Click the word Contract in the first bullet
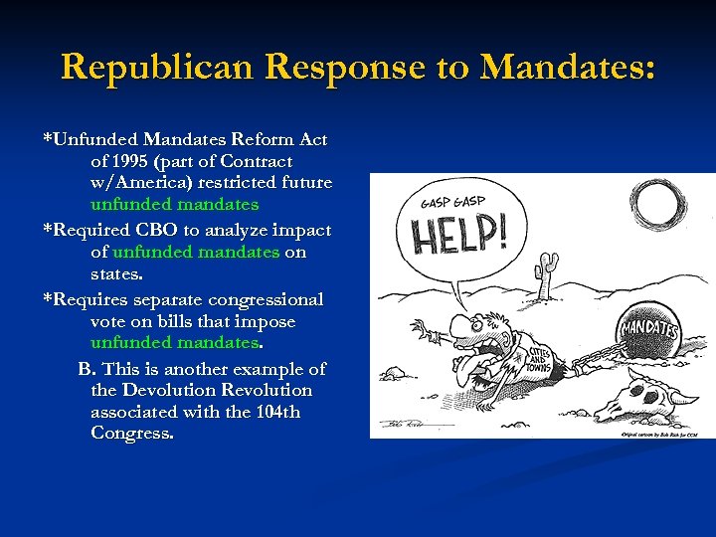point(257,161)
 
